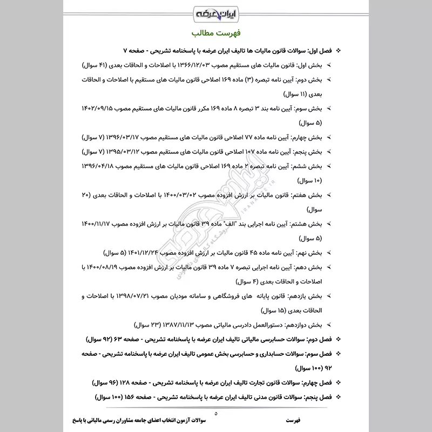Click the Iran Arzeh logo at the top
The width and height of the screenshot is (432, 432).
216,12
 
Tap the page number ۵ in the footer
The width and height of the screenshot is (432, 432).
216,413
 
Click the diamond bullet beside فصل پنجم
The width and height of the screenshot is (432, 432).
338,397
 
